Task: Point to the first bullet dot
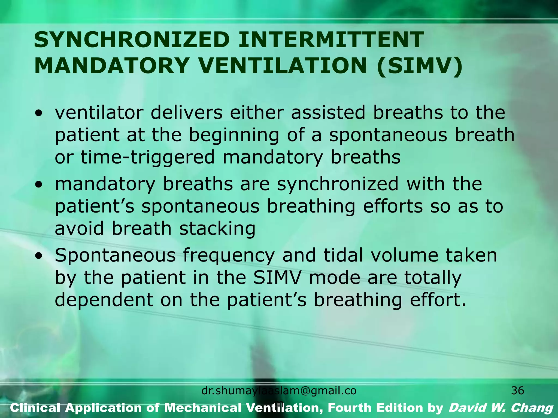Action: (40, 113)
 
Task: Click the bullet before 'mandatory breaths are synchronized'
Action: (40, 185)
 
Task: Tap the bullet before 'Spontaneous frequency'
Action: (40, 256)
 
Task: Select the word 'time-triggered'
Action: (147, 157)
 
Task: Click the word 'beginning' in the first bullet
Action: (234, 135)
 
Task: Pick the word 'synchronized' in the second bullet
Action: (338, 184)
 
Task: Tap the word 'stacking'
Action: (217, 228)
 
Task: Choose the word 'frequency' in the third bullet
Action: (228, 256)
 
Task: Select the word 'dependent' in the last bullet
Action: (104, 300)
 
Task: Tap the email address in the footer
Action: (279, 391)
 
